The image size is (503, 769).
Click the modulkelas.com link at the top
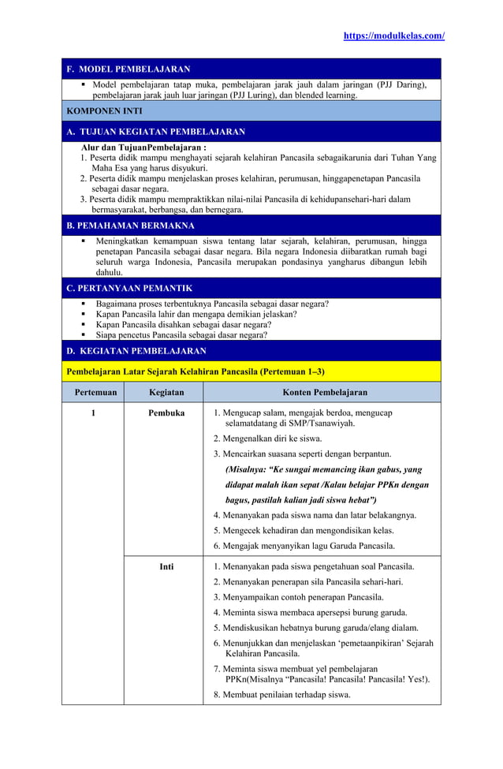click(x=393, y=36)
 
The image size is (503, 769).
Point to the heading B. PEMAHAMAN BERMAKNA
click(x=131, y=226)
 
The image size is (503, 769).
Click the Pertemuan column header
click(x=92, y=392)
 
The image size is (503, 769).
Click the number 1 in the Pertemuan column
click(x=92, y=412)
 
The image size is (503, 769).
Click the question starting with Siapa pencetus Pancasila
click(x=181, y=334)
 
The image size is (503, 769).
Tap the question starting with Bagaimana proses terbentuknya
click(x=212, y=304)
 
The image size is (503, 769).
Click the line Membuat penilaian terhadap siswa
click(x=282, y=695)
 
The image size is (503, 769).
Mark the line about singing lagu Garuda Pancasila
click(x=304, y=546)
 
